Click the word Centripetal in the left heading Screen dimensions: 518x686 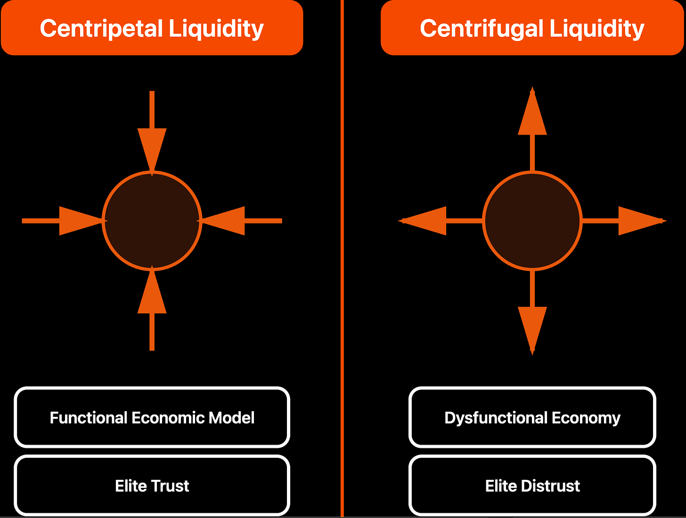101,29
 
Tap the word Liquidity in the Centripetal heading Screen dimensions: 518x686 216,29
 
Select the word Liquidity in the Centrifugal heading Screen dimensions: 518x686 597,29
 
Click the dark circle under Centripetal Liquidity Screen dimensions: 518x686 152,221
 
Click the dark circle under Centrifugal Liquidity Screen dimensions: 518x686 532,221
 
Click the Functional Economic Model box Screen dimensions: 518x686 152,417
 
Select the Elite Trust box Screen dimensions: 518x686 152,486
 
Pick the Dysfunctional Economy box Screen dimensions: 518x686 532,417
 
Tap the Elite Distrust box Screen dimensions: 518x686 532,486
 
